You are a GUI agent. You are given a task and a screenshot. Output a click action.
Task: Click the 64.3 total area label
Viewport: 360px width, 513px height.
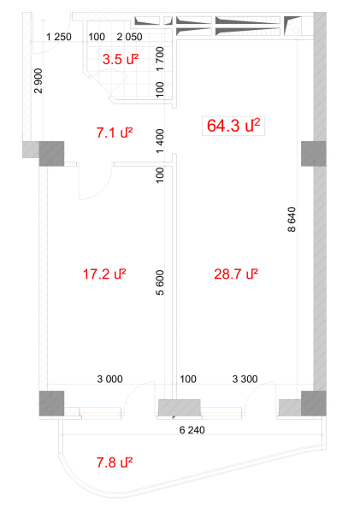(233, 126)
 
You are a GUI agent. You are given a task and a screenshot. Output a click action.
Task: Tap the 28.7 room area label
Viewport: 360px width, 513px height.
(236, 274)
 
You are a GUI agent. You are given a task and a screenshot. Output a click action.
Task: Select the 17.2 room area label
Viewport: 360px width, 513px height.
(104, 274)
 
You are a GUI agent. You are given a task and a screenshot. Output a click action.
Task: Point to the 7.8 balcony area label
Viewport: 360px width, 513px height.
(115, 463)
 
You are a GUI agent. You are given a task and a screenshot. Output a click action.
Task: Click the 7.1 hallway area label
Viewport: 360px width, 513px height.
(115, 133)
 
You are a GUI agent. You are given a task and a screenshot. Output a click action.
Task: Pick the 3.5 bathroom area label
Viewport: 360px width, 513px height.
(120, 59)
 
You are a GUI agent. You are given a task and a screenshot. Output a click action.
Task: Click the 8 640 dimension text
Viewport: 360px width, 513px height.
(292, 219)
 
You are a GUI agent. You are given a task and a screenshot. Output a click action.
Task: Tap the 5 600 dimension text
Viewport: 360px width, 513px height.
(159, 283)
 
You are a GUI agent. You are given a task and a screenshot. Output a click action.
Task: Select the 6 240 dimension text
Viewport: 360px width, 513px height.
(192, 429)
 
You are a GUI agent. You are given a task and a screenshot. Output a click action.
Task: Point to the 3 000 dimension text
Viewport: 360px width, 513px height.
(110, 379)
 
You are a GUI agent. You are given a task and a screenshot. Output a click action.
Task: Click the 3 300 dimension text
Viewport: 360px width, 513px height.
(245, 379)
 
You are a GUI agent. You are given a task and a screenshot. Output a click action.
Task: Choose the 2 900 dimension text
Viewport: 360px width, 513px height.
(38, 81)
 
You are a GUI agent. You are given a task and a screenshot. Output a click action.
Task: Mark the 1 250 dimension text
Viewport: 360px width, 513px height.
(59, 37)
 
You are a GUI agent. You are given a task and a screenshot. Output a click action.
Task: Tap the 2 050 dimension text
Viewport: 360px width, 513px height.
(130, 37)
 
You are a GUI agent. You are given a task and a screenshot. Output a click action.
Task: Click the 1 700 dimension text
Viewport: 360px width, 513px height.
(159, 59)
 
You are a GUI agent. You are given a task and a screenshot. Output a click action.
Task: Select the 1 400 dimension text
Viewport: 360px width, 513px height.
(159, 141)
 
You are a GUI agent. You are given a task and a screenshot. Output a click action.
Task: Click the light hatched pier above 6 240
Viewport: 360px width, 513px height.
(180, 408)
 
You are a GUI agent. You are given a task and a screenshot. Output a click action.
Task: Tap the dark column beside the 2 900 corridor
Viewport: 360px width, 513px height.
(51, 153)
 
